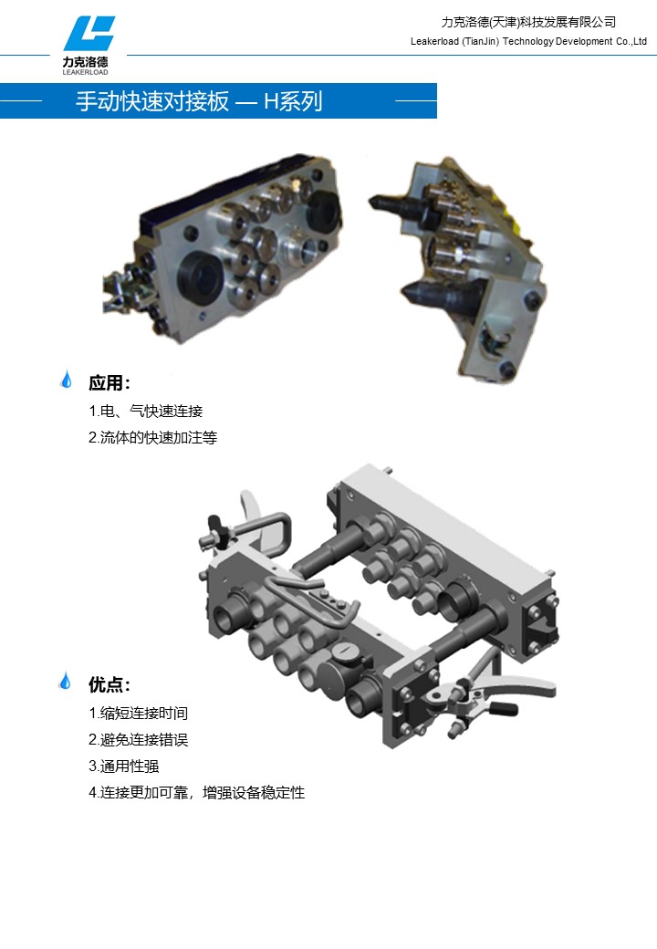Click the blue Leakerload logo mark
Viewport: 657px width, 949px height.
coord(89,34)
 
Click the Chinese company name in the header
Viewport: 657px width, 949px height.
coord(528,23)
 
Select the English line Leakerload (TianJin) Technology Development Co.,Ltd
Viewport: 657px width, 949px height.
coord(528,41)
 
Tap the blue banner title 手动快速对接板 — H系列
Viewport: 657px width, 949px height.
coord(199,101)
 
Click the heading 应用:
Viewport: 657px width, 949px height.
coord(109,382)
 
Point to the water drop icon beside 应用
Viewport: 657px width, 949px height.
coord(67,380)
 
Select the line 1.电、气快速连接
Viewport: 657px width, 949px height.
coord(146,411)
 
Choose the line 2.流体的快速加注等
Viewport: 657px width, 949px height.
coord(153,437)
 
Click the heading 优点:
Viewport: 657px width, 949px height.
coord(109,684)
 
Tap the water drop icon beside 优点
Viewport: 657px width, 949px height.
coord(66,681)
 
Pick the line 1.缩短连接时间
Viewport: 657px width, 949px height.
coord(139,713)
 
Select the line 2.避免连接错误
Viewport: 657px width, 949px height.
coord(139,740)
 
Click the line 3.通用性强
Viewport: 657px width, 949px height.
coord(124,766)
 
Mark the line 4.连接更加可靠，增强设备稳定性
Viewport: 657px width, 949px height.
coord(196,792)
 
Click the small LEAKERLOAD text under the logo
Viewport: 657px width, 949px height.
coord(85,72)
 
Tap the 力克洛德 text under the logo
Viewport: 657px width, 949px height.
coord(85,62)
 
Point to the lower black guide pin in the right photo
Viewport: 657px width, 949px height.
coord(441,296)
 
